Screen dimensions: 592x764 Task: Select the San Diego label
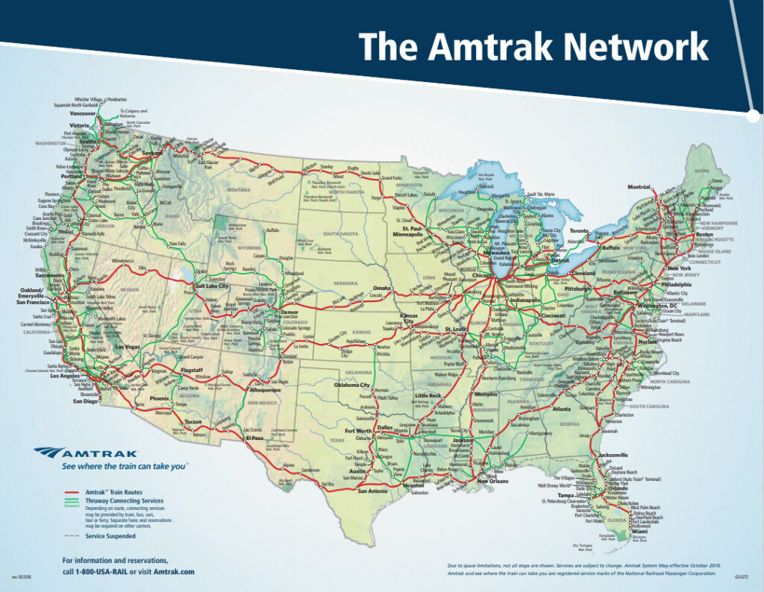click(85, 400)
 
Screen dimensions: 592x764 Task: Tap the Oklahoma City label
click(352, 385)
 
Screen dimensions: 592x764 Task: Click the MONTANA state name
click(239, 190)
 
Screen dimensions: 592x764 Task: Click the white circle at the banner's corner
click(753, 116)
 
